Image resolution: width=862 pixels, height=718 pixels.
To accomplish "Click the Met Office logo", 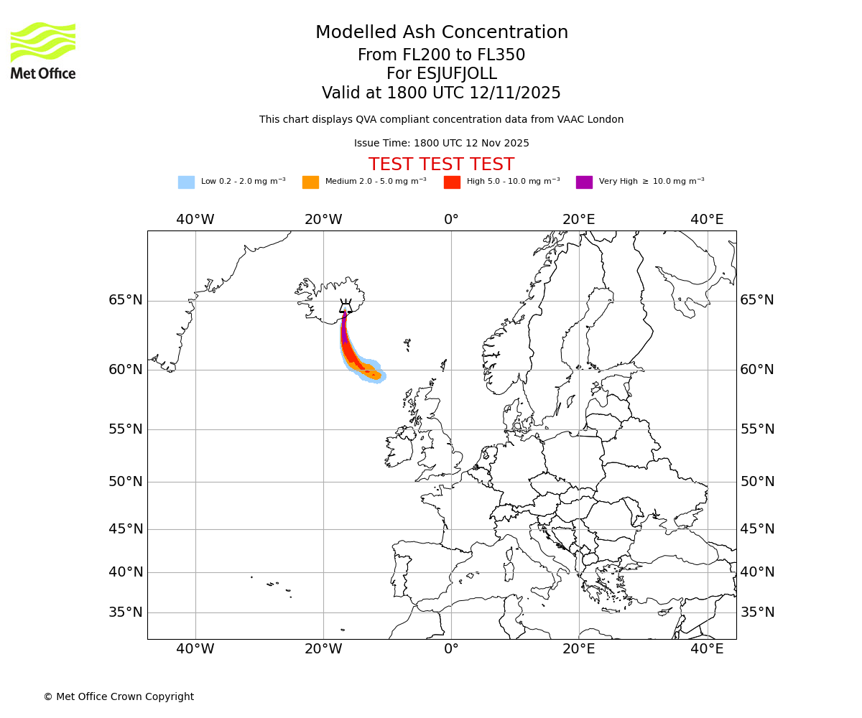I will (x=43, y=50).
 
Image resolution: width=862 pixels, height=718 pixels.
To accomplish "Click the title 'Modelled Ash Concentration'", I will (x=441, y=33).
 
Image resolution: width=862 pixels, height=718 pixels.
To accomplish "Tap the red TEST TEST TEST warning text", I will (x=441, y=164).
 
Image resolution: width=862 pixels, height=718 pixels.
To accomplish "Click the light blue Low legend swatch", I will (x=186, y=182).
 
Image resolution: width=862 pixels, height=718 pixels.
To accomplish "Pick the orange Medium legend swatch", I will (x=310, y=182).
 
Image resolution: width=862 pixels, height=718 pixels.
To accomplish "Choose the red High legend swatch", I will (x=452, y=182).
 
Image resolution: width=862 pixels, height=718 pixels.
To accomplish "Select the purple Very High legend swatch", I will (x=584, y=182).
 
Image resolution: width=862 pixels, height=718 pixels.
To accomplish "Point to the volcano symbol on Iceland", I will (x=346, y=307).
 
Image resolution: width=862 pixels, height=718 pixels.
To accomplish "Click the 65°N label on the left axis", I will (x=126, y=300).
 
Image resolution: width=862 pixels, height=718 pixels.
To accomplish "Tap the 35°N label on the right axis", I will (x=757, y=612).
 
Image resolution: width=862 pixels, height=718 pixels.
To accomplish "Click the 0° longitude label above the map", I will (x=451, y=220).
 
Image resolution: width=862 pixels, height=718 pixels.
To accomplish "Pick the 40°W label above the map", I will (x=195, y=220).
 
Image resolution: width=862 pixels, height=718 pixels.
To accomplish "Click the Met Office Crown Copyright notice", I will (x=119, y=696).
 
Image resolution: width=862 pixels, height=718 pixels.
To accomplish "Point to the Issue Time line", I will (x=441, y=144).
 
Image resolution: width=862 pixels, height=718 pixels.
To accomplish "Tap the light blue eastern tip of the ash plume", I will (x=382, y=376).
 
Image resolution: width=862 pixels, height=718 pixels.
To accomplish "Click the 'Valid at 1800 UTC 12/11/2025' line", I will (x=441, y=93).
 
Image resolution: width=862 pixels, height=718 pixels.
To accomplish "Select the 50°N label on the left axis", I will (x=126, y=482).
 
